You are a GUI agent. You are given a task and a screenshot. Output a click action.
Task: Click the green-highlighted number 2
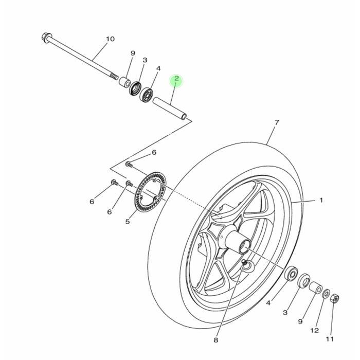(176, 79)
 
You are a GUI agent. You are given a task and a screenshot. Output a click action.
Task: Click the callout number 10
(110, 39)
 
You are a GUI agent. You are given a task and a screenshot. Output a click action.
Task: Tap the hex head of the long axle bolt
(46, 38)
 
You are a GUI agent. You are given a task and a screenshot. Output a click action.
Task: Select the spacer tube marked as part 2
(169, 107)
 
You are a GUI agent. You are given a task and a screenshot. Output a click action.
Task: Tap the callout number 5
(128, 222)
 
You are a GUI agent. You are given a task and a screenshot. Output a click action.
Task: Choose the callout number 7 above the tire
(277, 122)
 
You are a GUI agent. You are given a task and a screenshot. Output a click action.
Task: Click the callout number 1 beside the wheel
(321, 200)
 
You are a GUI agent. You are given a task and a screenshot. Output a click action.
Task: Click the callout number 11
(330, 339)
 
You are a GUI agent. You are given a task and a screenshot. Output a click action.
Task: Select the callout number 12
(315, 331)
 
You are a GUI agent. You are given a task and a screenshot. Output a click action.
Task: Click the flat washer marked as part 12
(326, 294)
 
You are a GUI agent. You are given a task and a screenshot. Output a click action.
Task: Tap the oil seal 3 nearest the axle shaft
(136, 88)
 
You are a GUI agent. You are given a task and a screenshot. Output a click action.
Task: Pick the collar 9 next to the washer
(315, 288)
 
